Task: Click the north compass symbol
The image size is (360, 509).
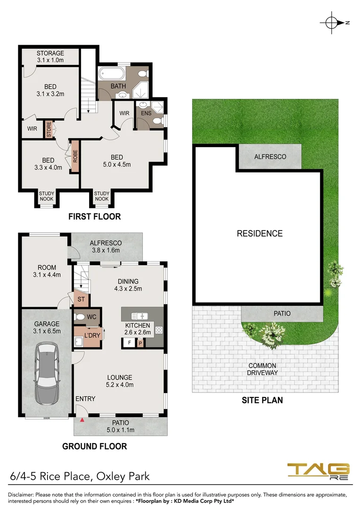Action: (332, 23)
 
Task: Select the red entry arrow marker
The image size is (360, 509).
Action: (82, 419)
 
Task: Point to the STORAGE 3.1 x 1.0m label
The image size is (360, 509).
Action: (50, 57)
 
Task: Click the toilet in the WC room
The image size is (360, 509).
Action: (80, 317)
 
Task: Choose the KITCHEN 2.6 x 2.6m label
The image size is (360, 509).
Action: (137, 329)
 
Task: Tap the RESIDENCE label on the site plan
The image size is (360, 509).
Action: (260, 233)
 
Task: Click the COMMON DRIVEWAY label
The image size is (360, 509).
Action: (262, 369)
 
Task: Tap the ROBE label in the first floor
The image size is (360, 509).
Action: (74, 156)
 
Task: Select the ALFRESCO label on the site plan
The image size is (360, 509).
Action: (270, 156)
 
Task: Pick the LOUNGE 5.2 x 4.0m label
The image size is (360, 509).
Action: (120, 381)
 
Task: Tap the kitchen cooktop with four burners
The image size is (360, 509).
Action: (159, 330)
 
